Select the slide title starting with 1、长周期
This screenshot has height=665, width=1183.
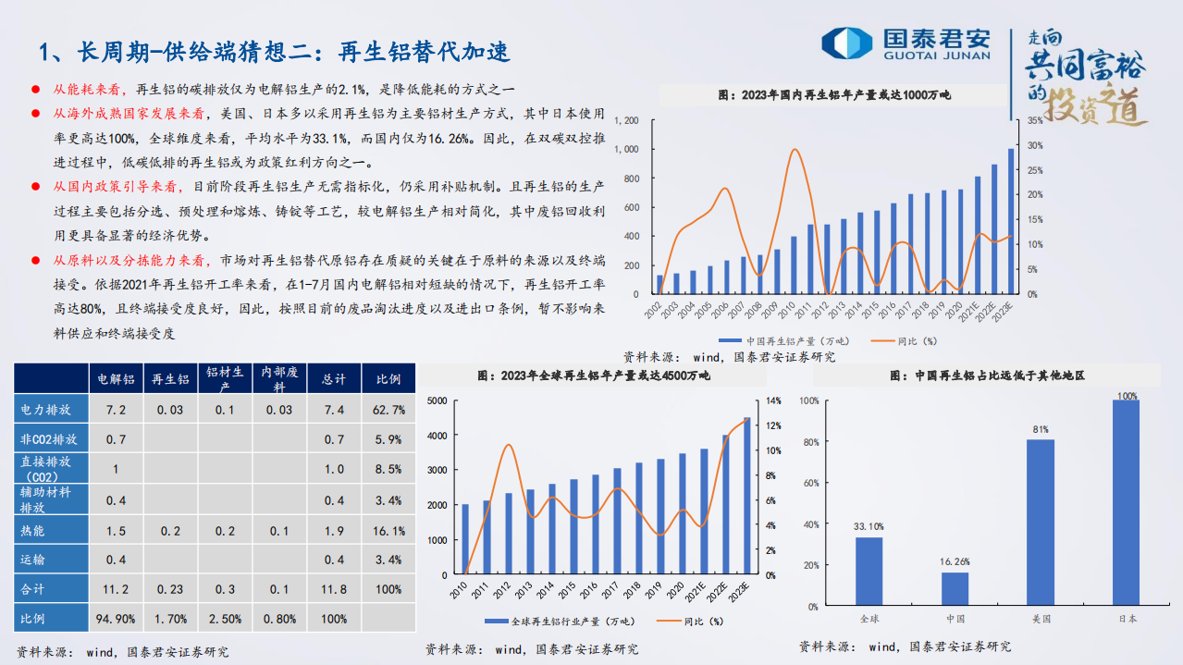[x=275, y=51]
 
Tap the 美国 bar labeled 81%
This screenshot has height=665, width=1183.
[x=1041, y=523]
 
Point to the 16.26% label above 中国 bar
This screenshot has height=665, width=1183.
[x=955, y=560]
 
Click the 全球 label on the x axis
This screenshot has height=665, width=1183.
[x=869, y=619]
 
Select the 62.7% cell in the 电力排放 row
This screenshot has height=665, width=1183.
[x=388, y=410]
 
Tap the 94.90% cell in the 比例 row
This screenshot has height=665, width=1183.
[x=116, y=619]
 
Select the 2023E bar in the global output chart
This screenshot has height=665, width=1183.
[x=746, y=496]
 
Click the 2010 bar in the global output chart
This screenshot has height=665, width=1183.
[x=465, y=539]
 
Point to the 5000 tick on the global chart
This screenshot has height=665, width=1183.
[x=437, y=400]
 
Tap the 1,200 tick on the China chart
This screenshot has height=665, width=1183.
[x=626, y=120]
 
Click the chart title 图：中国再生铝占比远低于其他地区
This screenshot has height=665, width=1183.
[x=986, y=376]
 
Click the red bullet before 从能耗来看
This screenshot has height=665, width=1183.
[x=35, y=90]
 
